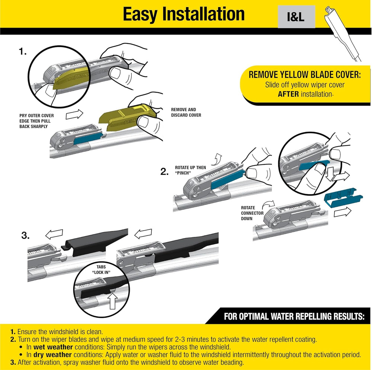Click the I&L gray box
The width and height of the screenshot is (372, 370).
click(296, 17)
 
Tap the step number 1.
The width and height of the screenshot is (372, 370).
click(23, 52)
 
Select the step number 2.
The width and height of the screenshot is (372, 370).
click(165, 172)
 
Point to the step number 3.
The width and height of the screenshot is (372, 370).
click(25, 236)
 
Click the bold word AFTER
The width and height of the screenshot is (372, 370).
click(288, 94)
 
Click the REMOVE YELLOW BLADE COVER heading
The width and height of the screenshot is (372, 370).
click(304, 75)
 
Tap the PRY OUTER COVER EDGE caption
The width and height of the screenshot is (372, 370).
click(36, 121)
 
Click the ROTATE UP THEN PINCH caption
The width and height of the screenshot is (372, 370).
click(190, 170)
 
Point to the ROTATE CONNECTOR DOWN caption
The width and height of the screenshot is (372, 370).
click(252, 213)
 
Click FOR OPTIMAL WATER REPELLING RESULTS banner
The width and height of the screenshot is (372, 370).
click(294, 317)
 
